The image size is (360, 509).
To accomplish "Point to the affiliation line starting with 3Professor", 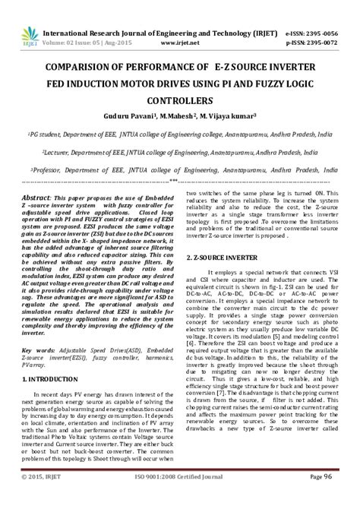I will (x=181, y=173).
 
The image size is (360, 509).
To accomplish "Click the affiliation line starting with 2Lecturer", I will (x=181, y=153).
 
